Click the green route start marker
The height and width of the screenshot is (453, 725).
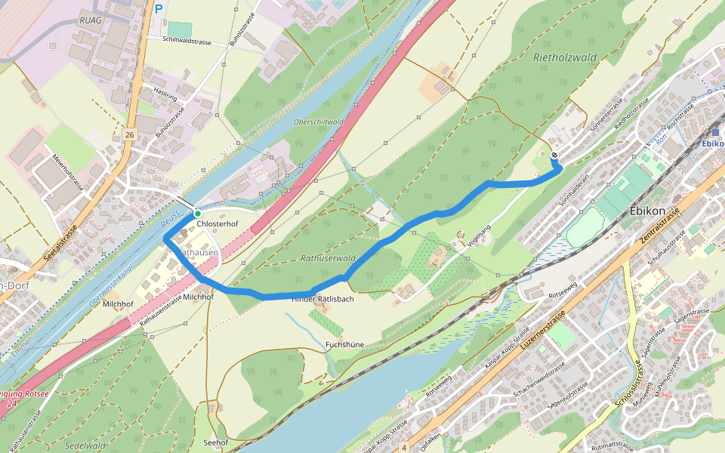(197, 214)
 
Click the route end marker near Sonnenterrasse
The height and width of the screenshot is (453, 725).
(555, 156)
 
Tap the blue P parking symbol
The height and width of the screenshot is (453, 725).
(159, 10)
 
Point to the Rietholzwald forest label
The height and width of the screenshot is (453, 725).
(565, 57)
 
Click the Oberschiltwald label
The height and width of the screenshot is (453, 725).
(318, 122)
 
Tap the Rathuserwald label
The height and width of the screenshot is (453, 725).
(328, 258)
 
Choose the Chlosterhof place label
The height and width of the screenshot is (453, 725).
(217, 225)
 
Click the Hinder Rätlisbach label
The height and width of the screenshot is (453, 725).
(323, 299)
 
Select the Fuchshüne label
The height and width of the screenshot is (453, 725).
(344, 345)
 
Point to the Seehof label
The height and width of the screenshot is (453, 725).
(216, 442)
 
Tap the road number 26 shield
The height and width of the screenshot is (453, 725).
(130, 134)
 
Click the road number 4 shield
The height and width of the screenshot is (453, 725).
(404, 448)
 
